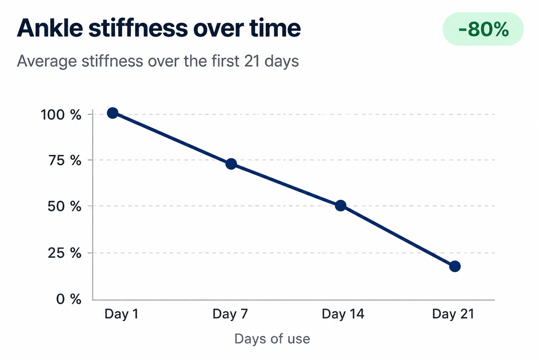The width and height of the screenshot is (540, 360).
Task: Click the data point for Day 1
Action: (113, 113)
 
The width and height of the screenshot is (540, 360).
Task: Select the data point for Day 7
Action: (231, 164)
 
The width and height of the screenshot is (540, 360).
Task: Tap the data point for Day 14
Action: (341, 206)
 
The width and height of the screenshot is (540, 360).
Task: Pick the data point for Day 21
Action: (455, 266)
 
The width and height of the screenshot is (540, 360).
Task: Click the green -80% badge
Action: (483, 29)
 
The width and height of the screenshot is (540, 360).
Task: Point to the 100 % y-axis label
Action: (61, 115)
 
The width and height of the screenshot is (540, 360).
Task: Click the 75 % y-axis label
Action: (65, 160)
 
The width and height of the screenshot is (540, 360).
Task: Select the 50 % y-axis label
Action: (64, 206)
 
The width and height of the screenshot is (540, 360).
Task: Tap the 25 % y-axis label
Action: (64, 253)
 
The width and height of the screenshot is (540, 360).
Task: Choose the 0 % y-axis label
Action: (69, 299)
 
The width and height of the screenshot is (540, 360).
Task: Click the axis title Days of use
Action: (272, 339)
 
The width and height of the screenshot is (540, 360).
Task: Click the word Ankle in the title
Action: (50, 28)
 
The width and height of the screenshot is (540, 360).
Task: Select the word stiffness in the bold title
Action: (138, 28)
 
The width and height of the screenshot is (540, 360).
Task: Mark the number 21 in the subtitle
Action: (252, 61)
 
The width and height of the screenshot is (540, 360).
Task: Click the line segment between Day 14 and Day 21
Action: (398, 236)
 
